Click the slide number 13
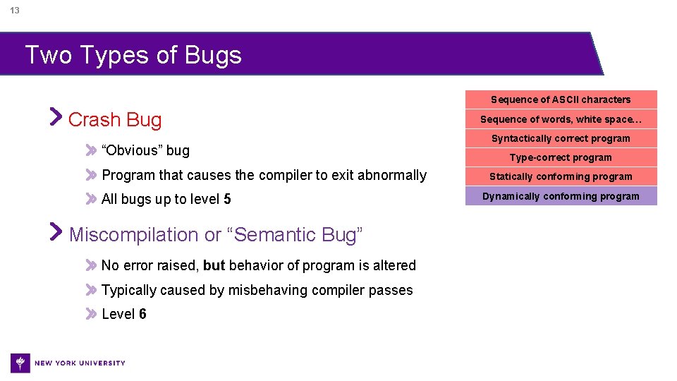15,11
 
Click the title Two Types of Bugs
133,55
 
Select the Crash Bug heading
115,120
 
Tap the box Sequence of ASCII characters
561,99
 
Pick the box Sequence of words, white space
561,119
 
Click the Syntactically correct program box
561,138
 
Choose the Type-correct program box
561,157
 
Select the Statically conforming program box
561,176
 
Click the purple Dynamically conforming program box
561,196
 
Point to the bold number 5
227,200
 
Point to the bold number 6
143,315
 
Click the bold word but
214,266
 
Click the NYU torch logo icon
20,363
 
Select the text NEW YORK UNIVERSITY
80,363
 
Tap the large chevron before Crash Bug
56,117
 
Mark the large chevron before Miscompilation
56,231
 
